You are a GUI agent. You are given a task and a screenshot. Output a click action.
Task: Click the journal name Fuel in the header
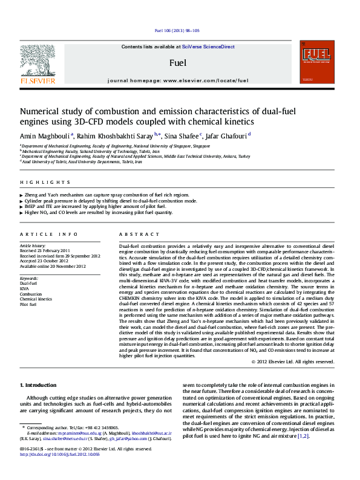tap(177, 62)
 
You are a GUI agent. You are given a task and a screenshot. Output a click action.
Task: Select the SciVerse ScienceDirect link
tap(212, 47)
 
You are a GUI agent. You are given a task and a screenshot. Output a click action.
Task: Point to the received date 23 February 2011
tap(45, 251)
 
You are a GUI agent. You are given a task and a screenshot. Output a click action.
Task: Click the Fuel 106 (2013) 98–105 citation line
tap(177, 30)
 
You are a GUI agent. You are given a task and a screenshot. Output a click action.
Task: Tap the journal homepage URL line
tap(177, 80)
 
